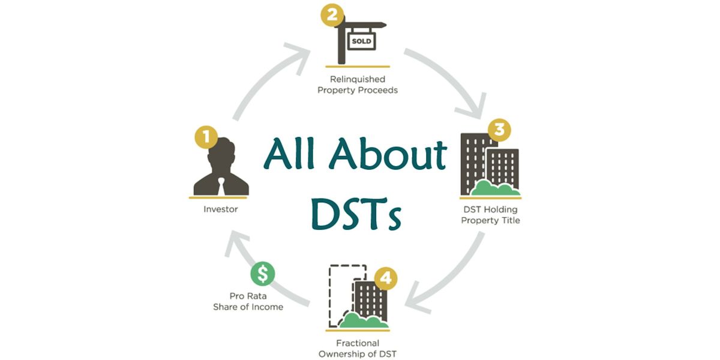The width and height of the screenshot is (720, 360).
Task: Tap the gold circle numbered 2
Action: (331, 14)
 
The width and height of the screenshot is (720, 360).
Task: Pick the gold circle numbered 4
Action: (386, 278)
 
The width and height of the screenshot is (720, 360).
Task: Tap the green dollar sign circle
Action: (262, 274)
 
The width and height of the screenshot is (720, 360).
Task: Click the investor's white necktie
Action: (221, 184)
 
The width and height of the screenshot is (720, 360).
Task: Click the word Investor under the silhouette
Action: (220, 209)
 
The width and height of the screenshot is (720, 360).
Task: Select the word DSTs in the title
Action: (356, 212)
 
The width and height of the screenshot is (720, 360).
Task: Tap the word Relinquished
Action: (358, 79)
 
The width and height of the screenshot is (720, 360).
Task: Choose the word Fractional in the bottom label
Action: (357, 344)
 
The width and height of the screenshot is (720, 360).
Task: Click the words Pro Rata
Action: (248, 296)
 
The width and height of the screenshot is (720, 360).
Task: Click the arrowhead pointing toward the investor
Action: (237, 242)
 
